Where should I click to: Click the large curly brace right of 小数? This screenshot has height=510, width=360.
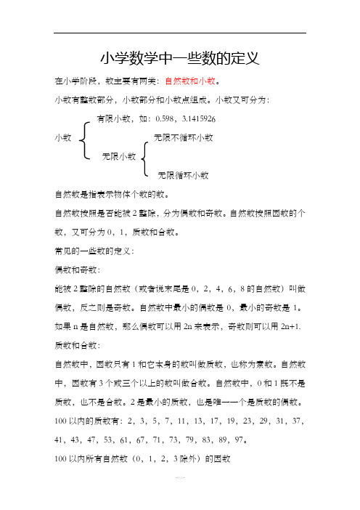pos(86,138)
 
